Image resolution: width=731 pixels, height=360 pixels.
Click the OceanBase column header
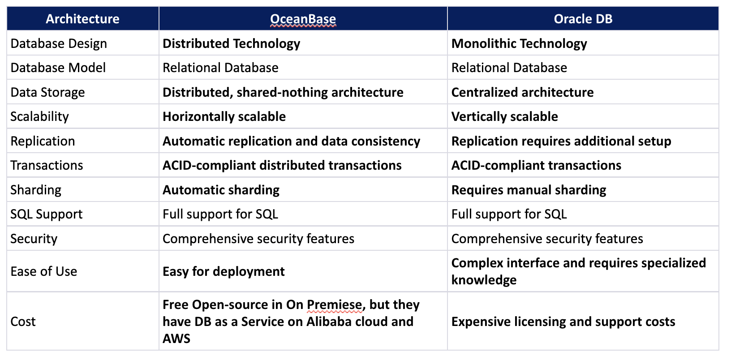coord(303,19)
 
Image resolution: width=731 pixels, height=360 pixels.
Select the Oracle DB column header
coord(583,19)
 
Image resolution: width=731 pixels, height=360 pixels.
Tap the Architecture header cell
coord(82,19)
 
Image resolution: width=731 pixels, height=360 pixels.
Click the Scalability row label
coord(40,116)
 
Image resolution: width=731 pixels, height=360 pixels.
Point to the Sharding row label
coord(36,190)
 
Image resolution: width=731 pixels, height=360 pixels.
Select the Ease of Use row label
coord(44,271)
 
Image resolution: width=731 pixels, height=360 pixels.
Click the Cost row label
coord(23,321)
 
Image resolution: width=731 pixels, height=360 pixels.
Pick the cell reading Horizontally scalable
coord(224,116)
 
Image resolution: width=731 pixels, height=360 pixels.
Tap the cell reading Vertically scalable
coord(504,116)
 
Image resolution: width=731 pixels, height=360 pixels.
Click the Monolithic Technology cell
coord(519,43)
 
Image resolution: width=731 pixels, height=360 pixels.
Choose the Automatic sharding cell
coord(221,190)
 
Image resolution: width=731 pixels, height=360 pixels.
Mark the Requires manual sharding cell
coord(529,190)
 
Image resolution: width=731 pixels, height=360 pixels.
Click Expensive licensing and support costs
coord(563,321)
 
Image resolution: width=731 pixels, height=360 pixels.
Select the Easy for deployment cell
coord(224,271)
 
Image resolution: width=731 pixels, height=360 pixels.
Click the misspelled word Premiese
coord(334,305)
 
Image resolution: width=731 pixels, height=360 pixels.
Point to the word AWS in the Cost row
coord(176,339)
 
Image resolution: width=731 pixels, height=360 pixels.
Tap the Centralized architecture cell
coord(522,92)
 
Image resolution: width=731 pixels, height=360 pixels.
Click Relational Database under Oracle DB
coord(509,68)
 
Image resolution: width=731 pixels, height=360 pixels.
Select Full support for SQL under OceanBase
coord(220,214)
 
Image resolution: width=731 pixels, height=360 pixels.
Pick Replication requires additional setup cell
coord(561,141)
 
